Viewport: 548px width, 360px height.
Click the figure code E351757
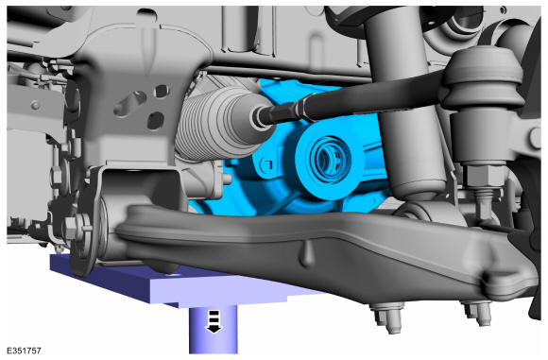click(24, 351)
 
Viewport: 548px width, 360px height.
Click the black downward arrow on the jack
click(214, 321)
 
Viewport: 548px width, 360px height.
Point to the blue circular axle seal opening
click(328, 159)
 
